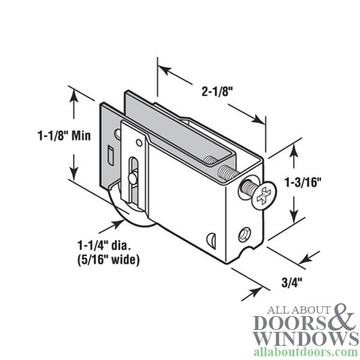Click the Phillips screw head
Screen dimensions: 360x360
click(262, 193)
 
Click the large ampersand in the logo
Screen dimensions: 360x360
click(340, 318)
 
